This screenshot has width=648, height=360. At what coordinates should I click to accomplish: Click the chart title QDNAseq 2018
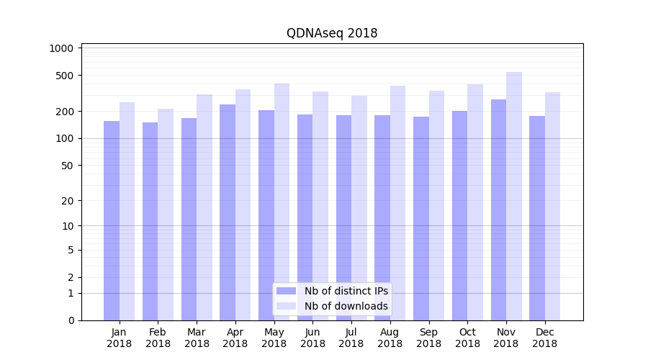point(332,33)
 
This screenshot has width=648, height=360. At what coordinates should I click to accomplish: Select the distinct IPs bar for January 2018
point(112,220)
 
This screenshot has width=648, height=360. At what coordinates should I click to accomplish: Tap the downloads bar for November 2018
point(514,196)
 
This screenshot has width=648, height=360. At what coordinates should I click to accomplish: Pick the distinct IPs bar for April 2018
point(228,212)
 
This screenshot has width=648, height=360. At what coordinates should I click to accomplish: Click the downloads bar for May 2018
point(282,202)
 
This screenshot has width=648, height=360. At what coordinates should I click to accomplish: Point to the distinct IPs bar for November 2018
point(498,210)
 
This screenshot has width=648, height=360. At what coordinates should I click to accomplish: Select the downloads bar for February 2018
point(166,215)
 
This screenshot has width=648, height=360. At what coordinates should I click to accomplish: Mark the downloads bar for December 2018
point(553,206)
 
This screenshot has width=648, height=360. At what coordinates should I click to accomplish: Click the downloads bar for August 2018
point(398,203)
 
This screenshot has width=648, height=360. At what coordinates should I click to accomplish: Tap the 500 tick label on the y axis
point(66,76)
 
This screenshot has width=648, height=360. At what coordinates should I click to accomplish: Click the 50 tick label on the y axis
point(68,166)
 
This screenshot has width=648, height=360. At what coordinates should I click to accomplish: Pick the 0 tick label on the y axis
point(71,320)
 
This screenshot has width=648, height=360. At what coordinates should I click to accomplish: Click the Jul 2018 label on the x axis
point(351,338)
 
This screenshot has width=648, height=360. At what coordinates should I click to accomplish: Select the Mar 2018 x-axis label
point(197,338)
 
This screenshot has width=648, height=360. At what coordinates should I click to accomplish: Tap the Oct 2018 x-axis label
point(467,338)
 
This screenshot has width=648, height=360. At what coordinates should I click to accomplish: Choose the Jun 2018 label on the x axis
point(312,338)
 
